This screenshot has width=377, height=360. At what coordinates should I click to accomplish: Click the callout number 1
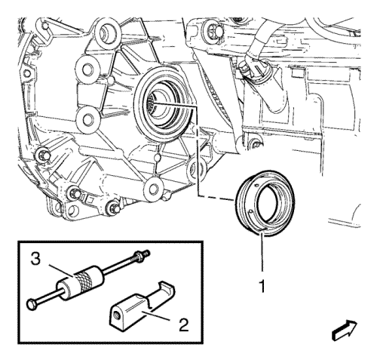coord(262,286)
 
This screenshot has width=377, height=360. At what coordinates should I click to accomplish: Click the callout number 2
coord(184,325)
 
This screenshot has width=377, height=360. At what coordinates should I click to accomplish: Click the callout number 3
coord(35,259)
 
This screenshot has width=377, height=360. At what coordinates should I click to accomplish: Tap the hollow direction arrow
coord(345,331)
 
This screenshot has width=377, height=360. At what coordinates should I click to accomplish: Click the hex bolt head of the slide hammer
coord(30,304)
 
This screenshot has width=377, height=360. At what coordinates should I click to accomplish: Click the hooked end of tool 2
coord(168,288)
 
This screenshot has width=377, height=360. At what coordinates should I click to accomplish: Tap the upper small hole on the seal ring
coord(256,186)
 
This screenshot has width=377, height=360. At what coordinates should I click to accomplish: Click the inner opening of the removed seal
coord(270,202)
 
